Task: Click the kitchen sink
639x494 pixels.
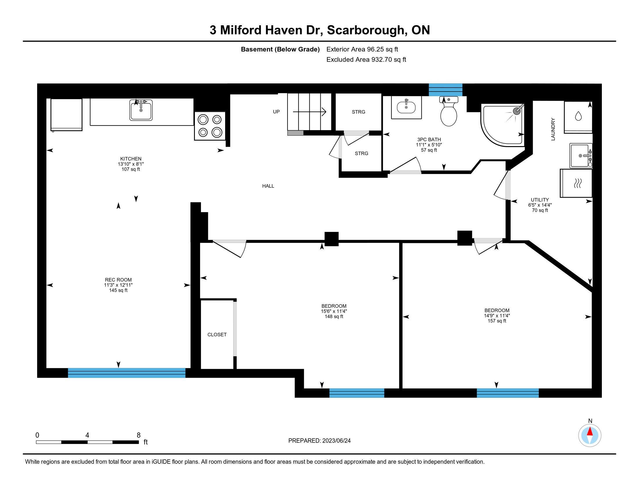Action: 141,110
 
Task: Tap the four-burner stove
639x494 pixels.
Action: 210,126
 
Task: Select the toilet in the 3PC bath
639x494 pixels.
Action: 448,112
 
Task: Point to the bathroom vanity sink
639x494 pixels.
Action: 406,107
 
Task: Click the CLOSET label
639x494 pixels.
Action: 217,334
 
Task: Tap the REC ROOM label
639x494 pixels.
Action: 118,280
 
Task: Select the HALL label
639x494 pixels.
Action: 268,186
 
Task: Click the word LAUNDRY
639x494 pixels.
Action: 553,129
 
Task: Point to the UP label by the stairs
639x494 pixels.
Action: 276,112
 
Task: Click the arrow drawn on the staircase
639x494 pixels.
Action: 310,112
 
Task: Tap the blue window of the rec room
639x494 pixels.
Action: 127,373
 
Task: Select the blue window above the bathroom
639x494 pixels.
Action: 446,90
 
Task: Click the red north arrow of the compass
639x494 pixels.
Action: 590,432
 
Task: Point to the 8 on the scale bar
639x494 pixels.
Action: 139,435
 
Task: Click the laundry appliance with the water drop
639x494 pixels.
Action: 578,117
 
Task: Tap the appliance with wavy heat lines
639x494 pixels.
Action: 576,183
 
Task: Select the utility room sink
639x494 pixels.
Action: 581,156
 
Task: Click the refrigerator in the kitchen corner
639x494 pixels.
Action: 67,115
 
